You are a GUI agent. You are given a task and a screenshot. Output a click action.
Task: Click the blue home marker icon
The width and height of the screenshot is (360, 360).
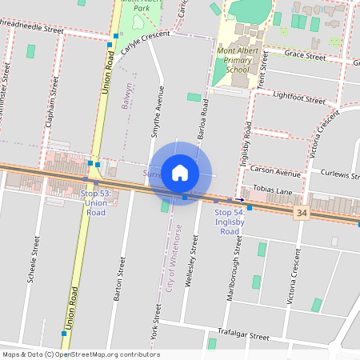[180, 173]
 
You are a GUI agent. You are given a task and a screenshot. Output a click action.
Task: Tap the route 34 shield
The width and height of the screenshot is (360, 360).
[301, 213]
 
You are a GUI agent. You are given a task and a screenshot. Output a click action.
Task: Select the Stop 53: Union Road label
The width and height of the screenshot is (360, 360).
[94, 204]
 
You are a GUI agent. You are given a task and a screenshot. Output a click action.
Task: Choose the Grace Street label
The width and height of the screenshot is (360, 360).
[305, 56]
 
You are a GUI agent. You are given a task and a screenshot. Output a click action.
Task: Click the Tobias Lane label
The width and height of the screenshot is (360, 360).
[271, 190]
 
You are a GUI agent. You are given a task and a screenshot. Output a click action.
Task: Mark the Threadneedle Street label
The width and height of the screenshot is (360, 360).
[32, 26]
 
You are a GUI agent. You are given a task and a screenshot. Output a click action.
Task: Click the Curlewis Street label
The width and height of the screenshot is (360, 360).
[339, 174]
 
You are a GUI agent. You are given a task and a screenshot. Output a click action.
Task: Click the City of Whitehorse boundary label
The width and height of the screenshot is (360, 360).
[174, 256]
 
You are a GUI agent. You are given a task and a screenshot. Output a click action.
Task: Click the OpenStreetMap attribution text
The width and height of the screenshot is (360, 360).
[81, 354]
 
